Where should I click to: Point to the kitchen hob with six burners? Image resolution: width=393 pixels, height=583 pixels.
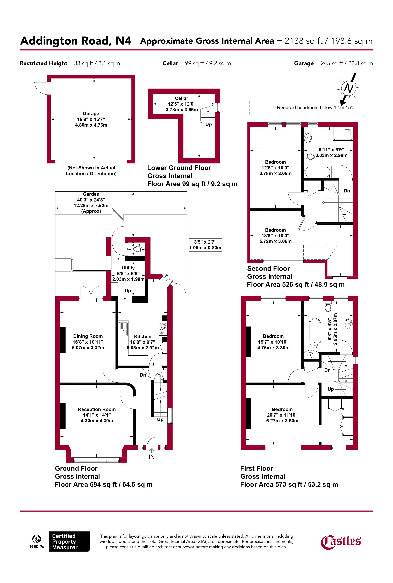(163, 328)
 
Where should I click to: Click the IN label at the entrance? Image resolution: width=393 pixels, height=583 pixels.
(152, 457)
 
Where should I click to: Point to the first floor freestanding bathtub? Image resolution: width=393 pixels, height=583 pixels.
(315, 332)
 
